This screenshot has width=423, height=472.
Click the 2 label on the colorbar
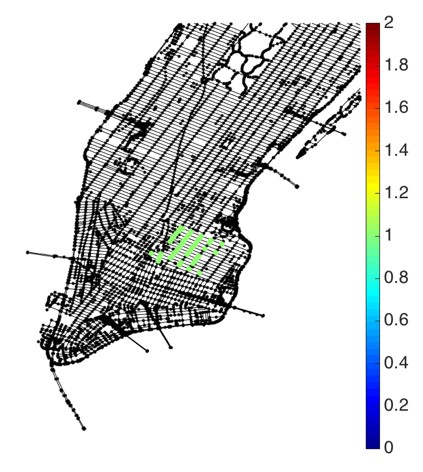389,23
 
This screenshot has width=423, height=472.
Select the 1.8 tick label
396,65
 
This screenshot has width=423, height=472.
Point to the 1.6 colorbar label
396,108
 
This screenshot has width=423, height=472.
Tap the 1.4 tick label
396,150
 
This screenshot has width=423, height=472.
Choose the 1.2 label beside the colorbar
396,192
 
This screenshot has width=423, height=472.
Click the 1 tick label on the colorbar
388,235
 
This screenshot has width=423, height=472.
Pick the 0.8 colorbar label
396,277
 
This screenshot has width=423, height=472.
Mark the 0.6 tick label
396,319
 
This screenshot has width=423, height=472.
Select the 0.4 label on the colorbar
396,362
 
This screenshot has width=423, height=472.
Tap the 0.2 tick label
396,405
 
